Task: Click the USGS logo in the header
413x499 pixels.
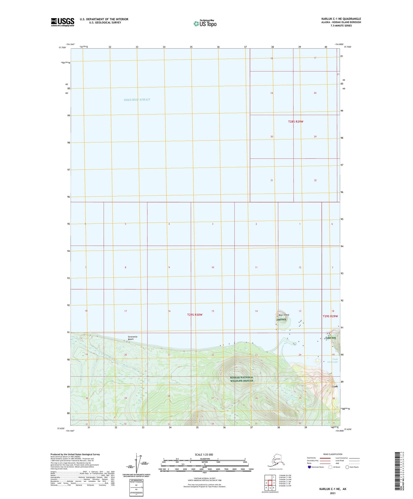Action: [x=62, y=22]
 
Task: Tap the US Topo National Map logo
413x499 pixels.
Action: [x=205, y=23]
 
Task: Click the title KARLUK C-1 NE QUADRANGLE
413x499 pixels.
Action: [x=341, y=19]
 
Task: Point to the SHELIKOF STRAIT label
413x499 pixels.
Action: [x=137, y=100]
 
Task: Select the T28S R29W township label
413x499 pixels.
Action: [x=296, y=122]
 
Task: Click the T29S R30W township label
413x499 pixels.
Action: [x=195, y=315]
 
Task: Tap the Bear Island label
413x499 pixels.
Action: [x=284, y=315]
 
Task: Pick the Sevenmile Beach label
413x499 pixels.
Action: [x=133, y=338]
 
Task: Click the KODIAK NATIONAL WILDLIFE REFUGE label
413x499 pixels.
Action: [x=242, y=379]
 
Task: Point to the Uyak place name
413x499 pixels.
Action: [x=335, y=386]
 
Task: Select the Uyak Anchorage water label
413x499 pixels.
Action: [x=335, y=360]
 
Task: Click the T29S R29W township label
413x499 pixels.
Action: [x=330, y=316]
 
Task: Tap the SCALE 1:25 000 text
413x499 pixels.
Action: [x=204, y=455]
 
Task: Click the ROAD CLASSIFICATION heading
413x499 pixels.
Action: [x=333, y=454]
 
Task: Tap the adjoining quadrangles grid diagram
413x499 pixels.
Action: [x=270, y=483]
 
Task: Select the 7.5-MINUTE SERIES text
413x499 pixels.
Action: [x=341, y=26]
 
